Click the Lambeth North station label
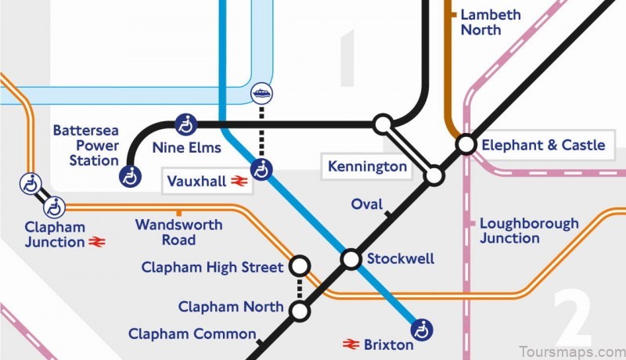coord(490,22)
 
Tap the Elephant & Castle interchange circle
coord(466,144)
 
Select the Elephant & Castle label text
coord(543,145)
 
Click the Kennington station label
coord(367,167)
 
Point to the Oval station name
coord(366,204)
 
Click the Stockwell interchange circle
coord(351,259)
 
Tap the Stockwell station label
coord(400,259)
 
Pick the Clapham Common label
coord(191,334)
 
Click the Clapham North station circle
coord(299,311)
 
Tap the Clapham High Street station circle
coord(299,266)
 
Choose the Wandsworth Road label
coord(178,232)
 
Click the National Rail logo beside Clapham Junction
coord(98,243)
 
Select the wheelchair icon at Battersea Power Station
coord(131,177)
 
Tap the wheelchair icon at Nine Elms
coord(185,124)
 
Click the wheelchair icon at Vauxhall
coord(262,168)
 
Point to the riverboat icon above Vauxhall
coord(261,93)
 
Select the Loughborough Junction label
coord(529,231)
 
